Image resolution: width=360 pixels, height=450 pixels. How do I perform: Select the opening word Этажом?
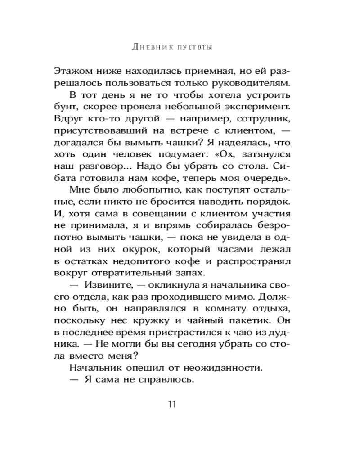[x=74, y=71]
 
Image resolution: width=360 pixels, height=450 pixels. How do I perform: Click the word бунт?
[x=65, y=108]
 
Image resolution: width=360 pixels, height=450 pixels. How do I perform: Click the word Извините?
[x=107, y=285]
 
